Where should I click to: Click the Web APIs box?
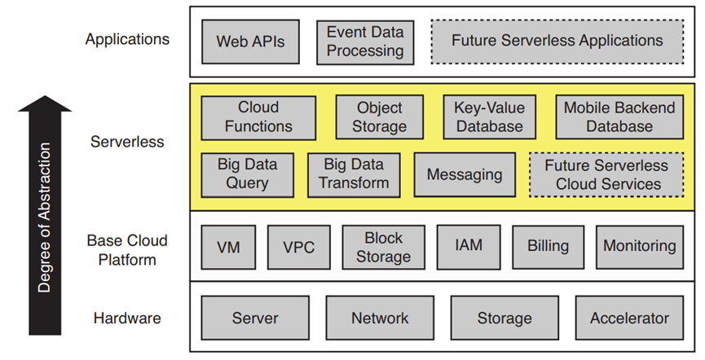251,41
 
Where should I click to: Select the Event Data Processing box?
364,42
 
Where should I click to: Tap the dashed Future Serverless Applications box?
557,41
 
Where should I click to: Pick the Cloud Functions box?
258,116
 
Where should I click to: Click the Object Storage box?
380,116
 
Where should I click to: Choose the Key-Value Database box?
489,116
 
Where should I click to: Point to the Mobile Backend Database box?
619,116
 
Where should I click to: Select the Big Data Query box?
248,174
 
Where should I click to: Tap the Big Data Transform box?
354,174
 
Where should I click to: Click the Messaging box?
465,174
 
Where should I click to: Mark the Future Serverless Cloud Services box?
607,174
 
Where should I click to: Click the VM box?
228,246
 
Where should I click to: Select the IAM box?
469,246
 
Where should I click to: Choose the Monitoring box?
639,246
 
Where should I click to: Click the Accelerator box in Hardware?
629,318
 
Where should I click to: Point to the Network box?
380,318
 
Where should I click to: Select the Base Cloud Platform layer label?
127,249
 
